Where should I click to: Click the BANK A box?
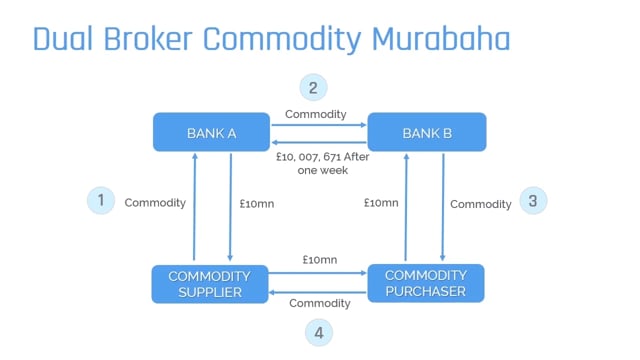tap(211, 132)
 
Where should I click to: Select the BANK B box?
tap(427, 132)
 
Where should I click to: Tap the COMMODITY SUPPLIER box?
tap(210, 283)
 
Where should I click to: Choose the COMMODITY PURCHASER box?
tap(426, 283)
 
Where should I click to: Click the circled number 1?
tap(100, 200)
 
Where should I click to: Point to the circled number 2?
tap(313, 87)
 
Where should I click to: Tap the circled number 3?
tap(532, 201)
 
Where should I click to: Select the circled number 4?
tap(318, 332)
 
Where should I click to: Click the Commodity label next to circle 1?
tap(155, 203)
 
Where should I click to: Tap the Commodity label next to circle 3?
tap(480, 204)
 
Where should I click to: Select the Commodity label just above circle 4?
tap(319, 303)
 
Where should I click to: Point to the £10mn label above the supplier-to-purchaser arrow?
tap(319, 260)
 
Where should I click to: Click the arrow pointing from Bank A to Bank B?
tap(319, 126)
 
